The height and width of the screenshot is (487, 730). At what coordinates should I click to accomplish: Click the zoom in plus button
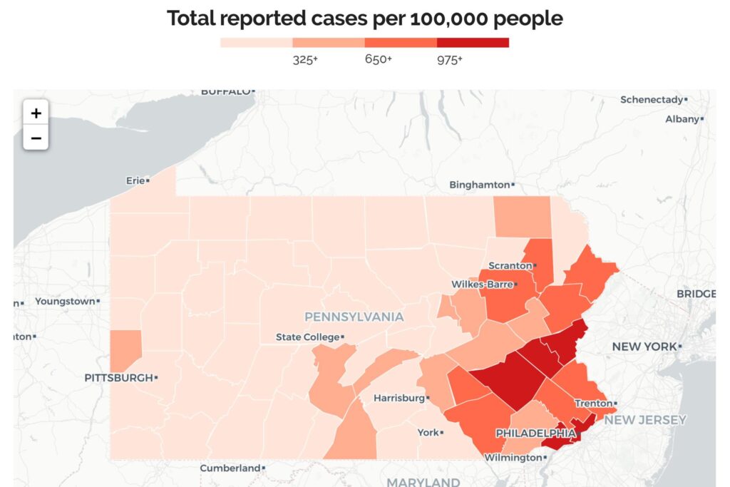point(36,113)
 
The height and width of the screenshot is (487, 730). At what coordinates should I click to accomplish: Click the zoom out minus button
point(36,138)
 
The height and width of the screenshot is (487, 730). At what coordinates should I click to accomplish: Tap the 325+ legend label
point(305,60)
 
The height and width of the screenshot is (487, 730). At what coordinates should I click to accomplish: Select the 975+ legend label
point(450,60)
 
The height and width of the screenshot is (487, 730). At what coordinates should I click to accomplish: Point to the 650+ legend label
point(378,60)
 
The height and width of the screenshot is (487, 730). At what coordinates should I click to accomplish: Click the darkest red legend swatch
point(473,42)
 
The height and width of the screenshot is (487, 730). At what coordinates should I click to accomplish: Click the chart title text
point(365,19)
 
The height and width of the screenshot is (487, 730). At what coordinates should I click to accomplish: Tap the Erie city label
point(135,180)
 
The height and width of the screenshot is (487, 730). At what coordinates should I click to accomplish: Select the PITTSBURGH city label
point(118,377)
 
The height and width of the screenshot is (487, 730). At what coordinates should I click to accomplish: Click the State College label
point(307,337)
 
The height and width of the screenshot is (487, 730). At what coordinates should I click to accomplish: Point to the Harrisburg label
point(399,397)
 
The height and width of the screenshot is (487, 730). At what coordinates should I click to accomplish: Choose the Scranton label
point(510,265)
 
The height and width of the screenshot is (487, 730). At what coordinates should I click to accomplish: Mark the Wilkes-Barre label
point(481,284)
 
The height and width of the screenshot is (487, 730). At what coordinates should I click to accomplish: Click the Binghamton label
point(479,185)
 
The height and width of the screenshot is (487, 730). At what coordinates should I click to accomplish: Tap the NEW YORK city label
point(644,347)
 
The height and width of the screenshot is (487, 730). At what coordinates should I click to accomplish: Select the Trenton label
point(594,403)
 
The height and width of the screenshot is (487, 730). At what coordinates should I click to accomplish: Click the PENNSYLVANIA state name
point(354,317)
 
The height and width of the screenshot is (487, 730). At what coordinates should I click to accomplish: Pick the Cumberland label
point(230,468)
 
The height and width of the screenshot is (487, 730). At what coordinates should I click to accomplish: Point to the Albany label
point(682,119)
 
